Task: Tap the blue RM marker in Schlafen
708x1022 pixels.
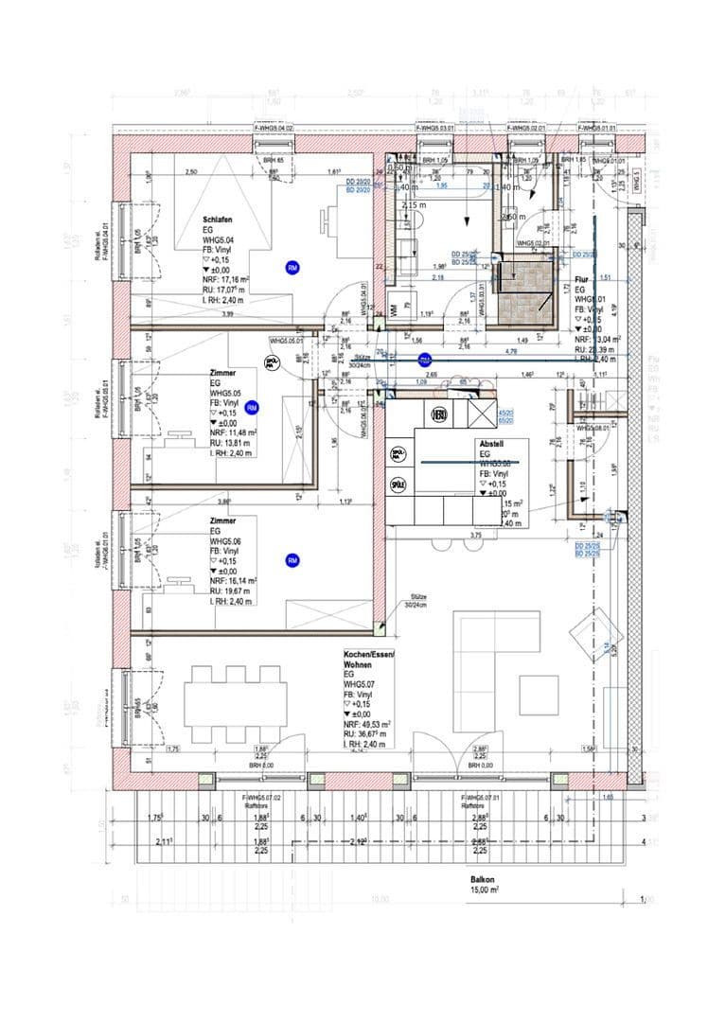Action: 292,268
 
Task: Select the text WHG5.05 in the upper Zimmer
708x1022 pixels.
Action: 223,392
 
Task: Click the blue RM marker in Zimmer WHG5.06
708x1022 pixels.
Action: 292,560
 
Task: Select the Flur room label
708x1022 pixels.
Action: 581,281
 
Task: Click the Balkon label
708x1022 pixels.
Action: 485,878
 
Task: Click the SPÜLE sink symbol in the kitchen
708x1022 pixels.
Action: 398,485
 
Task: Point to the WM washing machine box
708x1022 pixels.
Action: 393,309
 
